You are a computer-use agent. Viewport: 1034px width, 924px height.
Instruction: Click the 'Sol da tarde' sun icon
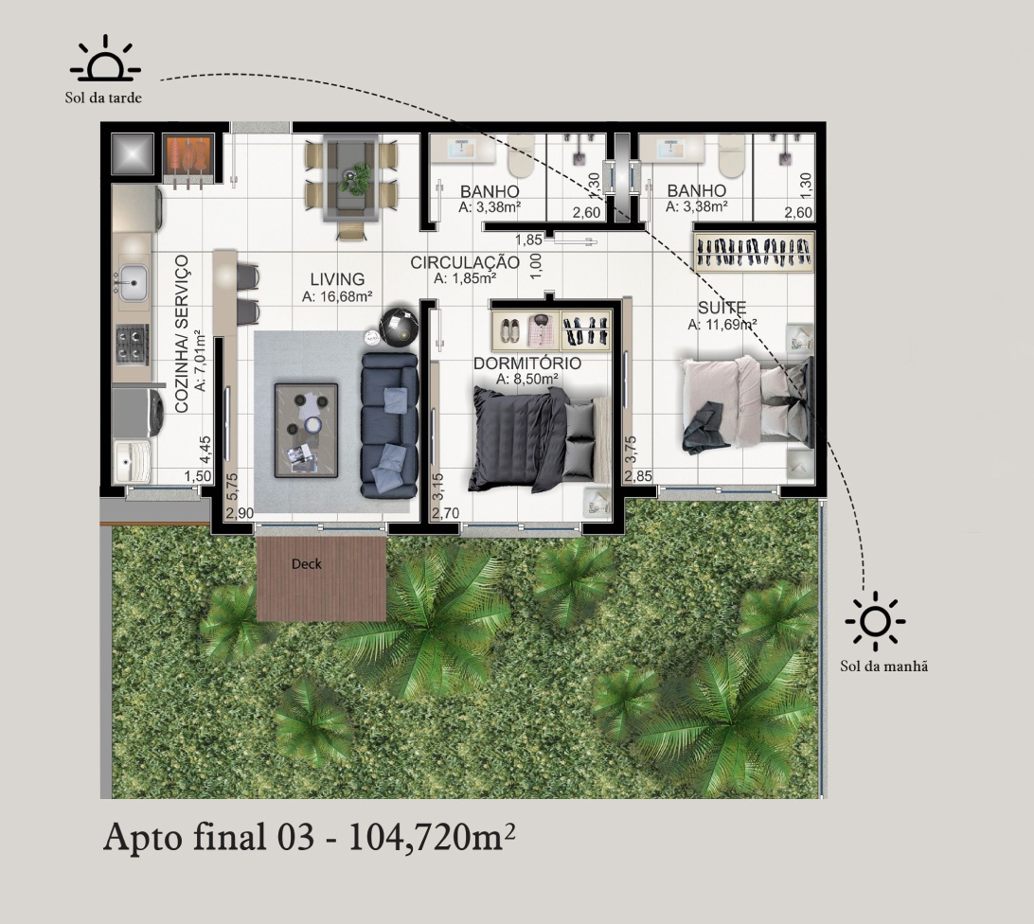[x=105, y=60]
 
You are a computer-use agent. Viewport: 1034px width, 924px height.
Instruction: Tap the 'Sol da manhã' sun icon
[x=875, y=620]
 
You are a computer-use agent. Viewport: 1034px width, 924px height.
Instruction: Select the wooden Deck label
[x=307, y=564]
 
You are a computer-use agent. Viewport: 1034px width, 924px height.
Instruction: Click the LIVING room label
[x=338, y=279]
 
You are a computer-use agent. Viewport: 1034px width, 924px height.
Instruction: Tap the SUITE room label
[x=722, y=308]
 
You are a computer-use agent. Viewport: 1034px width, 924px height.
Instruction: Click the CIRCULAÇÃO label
[x=465, y=262]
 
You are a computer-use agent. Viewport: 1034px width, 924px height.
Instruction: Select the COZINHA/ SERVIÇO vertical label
[x=182, y=334]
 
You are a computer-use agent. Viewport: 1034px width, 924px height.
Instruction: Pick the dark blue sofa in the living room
[x=390, y=425]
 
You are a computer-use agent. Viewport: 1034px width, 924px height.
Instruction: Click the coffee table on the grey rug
[x=306, y=430]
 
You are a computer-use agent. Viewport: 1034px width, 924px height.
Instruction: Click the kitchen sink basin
[x=133, y=283]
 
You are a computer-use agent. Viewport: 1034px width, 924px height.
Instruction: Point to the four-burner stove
[x=132, y=345]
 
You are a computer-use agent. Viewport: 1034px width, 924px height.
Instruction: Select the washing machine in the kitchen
[x=138, y=412]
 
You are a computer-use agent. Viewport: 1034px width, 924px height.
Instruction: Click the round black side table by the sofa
[x=399, y=327]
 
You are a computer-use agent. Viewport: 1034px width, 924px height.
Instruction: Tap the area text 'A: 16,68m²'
[x=338, y=296]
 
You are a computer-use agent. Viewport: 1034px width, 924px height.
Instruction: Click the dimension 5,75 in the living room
[x=231, y=488]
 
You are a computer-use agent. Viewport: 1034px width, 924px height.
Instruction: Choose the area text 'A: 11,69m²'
[x=722, y=325]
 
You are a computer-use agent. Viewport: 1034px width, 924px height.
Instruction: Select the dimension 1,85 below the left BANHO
[x=529, y=240]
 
